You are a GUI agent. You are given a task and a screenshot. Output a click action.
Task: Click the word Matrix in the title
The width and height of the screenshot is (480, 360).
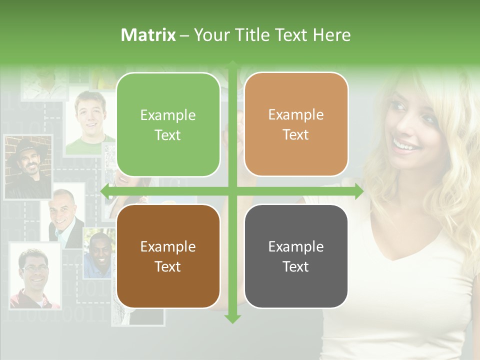point(148,35)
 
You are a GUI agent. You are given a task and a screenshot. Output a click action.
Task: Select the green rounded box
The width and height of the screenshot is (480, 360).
point(168,124)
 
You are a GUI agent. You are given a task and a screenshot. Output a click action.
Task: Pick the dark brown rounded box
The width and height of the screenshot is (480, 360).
point(168,256)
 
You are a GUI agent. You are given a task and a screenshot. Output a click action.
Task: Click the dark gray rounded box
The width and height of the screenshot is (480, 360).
point(296,256)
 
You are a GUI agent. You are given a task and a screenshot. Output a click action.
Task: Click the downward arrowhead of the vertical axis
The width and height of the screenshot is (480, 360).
point(232,319)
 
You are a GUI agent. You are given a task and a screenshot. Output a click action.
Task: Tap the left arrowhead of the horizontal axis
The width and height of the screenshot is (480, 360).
point(105,191)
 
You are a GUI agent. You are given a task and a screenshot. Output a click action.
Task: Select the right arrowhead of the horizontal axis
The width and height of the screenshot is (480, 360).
point(359,191)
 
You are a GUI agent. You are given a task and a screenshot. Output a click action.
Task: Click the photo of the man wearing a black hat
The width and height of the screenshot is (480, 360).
point(28,167)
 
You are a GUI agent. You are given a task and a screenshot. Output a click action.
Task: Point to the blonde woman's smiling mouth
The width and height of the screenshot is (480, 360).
point(405,145)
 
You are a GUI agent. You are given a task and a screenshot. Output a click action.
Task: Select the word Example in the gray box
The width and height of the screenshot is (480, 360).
point(296,246)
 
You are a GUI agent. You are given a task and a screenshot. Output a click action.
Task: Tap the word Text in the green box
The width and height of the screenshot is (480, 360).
point(168,135)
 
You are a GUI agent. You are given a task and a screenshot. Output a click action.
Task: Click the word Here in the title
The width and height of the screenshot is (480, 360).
point(332,35)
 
